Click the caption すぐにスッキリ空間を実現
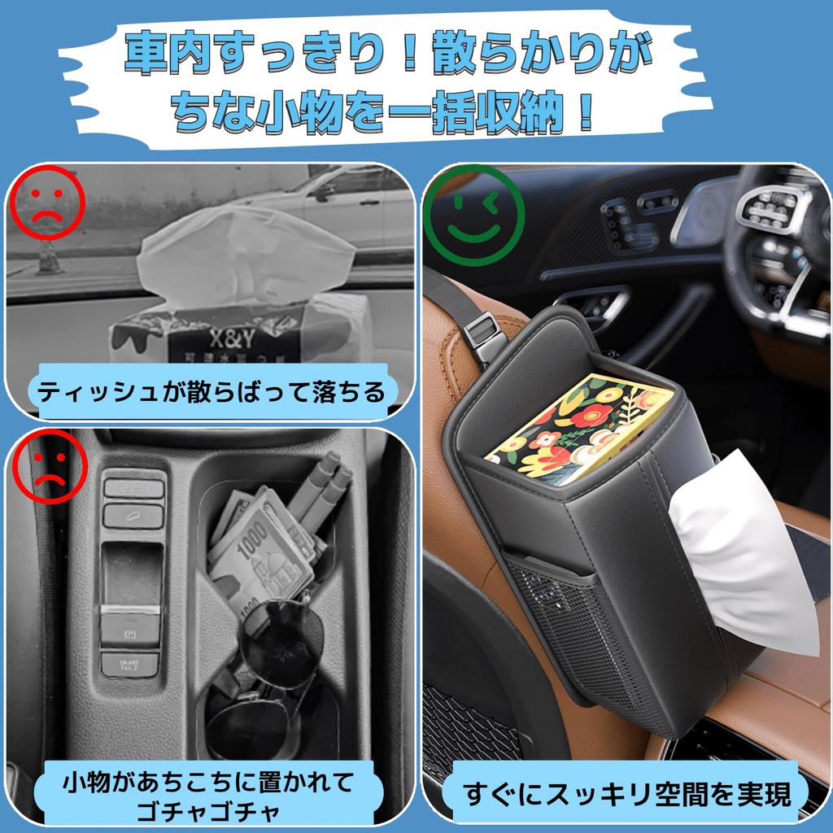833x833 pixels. [626, 792]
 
